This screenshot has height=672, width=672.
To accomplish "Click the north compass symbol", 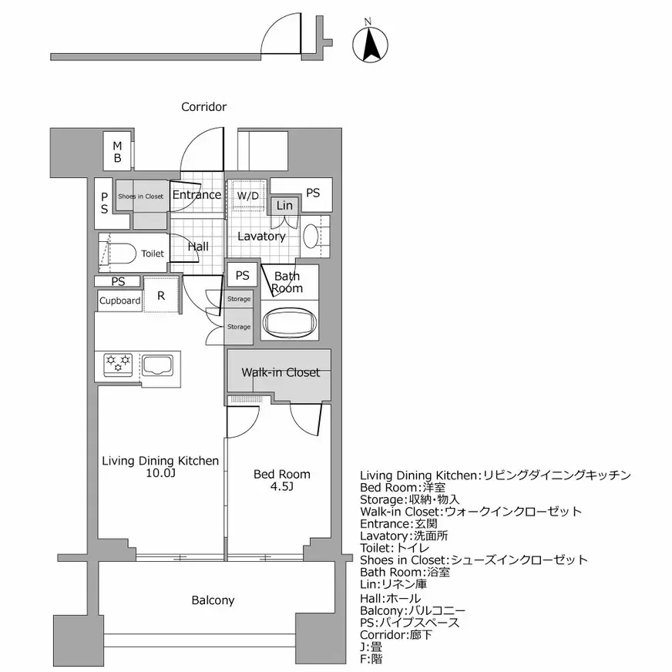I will (369, 44).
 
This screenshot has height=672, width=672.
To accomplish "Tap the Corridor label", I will (203, 107).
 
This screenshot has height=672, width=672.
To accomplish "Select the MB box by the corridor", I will (118, 152).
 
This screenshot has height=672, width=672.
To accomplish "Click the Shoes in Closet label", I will (140, 197).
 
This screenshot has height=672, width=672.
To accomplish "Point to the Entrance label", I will (197, 195).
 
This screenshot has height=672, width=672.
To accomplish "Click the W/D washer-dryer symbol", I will (247, 197).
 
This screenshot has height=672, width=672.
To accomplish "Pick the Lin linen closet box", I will (284, 205).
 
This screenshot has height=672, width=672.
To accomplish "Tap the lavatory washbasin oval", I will (311, 237).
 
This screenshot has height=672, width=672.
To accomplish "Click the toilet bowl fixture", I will (123, 253).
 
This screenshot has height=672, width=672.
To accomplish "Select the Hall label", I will (198, 247).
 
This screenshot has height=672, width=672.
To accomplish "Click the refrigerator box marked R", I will (161, 296).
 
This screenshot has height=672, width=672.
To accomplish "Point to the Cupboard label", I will (119, 301).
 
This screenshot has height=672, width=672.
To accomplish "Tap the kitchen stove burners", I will (119, 363).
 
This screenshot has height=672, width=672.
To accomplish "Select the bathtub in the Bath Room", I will (291, 321).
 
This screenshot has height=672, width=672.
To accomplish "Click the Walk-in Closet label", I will (280, 372).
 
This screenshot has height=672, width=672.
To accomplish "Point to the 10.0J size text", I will (160, 474).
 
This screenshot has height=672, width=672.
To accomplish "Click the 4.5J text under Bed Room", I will (282, 487).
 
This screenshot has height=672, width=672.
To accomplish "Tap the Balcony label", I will (213, 600).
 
